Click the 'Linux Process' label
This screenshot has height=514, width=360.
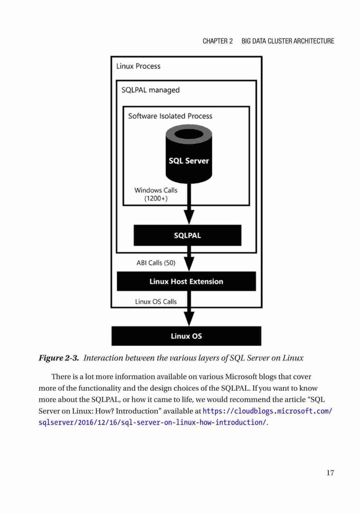pos(138,66)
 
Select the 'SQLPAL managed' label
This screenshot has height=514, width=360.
pos(151,90)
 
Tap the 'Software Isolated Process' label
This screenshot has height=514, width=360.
pos(170,116)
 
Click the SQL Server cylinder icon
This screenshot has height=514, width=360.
pos(189,154)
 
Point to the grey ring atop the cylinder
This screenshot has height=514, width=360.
pos(189,134)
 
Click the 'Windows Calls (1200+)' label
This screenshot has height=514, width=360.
pos(156,194)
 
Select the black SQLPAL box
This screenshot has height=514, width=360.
pos(187,235)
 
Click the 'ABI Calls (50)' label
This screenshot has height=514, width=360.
pos(156,263)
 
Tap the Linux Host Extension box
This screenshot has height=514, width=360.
pos(186,281)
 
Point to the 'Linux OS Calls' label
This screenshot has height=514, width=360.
pos(156,302)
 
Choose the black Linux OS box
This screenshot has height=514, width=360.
pos(186,336)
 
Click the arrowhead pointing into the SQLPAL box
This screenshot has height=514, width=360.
pos(189,217)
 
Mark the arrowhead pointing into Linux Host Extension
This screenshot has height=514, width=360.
pos(189,264)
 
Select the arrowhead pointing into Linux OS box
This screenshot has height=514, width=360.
pos(189,319)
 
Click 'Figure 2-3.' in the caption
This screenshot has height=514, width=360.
pos(59,358)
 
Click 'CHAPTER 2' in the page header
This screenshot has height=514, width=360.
pos(218,41)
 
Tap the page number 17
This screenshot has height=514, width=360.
pos(330,473)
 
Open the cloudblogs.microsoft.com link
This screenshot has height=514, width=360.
pos(186,417)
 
